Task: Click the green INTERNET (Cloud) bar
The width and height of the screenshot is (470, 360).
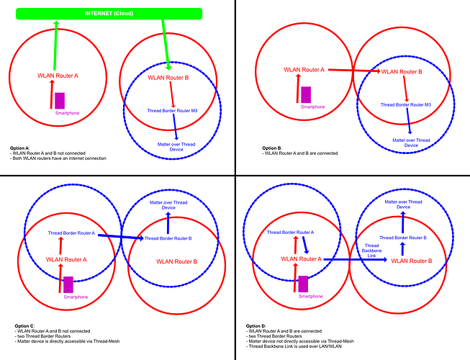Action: click(x=109, y=14)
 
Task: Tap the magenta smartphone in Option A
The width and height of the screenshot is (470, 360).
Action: click(x=60, y=101)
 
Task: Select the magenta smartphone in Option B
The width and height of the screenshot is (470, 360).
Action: click(x=306, y=95)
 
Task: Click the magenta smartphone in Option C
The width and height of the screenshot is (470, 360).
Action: click(x=68, y=284)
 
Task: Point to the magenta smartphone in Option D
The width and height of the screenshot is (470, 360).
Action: click(x=303, y=284)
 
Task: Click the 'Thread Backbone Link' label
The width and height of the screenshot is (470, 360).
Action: click(x=371, y=251)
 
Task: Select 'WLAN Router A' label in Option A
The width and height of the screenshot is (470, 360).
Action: click(x=58, y=76)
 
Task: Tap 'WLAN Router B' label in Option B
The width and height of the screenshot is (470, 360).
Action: click(x=402, y=72)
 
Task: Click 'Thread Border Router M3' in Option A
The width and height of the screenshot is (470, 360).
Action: click(x=172, y=111)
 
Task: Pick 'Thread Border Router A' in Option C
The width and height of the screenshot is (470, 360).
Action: click(x=71, y=233)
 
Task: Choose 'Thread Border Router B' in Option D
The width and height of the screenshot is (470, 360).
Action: click(x=403, y=238)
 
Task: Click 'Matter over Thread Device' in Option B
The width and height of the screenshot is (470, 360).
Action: click(x=411, y=143)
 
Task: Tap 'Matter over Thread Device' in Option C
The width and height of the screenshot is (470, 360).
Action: click(x=168, y=205)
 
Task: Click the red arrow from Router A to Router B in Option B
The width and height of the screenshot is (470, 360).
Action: click(x=354, y=71)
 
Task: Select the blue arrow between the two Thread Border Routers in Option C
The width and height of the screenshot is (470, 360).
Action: click(x=121, y=237)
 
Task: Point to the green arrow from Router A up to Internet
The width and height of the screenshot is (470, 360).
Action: click(x=55, y=45)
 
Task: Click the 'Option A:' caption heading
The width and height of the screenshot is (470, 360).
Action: click(x=19, y=148)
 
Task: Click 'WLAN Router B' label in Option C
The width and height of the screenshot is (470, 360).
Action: click(x=177, y=261)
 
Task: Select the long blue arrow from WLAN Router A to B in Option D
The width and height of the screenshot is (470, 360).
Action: click(x=356, y=259)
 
